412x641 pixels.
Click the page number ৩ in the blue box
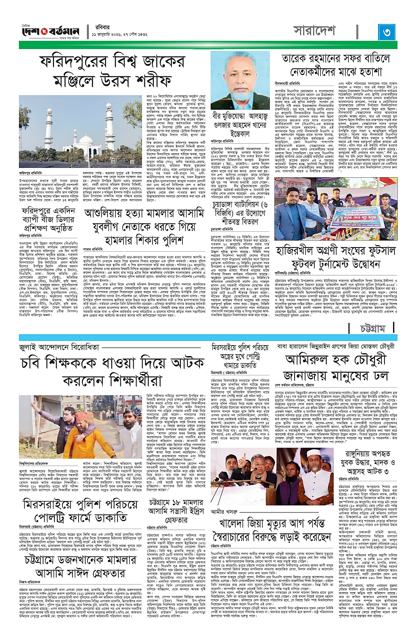click(x=386, y=33)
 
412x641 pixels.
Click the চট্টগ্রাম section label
click(x=376, y=314)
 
